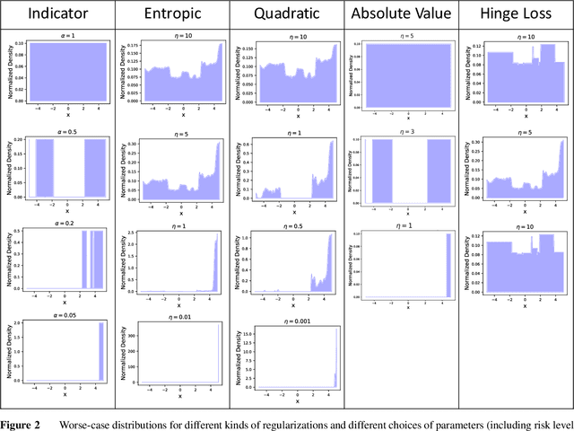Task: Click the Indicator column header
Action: pos(58,14)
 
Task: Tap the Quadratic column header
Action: pos(286,14)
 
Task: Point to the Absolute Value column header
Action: pos(399,14)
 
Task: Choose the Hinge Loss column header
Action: pos(515,14)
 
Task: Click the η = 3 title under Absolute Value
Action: pos(408,132)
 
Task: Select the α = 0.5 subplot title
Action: pos(69,132)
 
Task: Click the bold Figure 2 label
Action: pos(21,424)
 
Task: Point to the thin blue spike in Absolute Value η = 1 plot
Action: pos(447,265)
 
